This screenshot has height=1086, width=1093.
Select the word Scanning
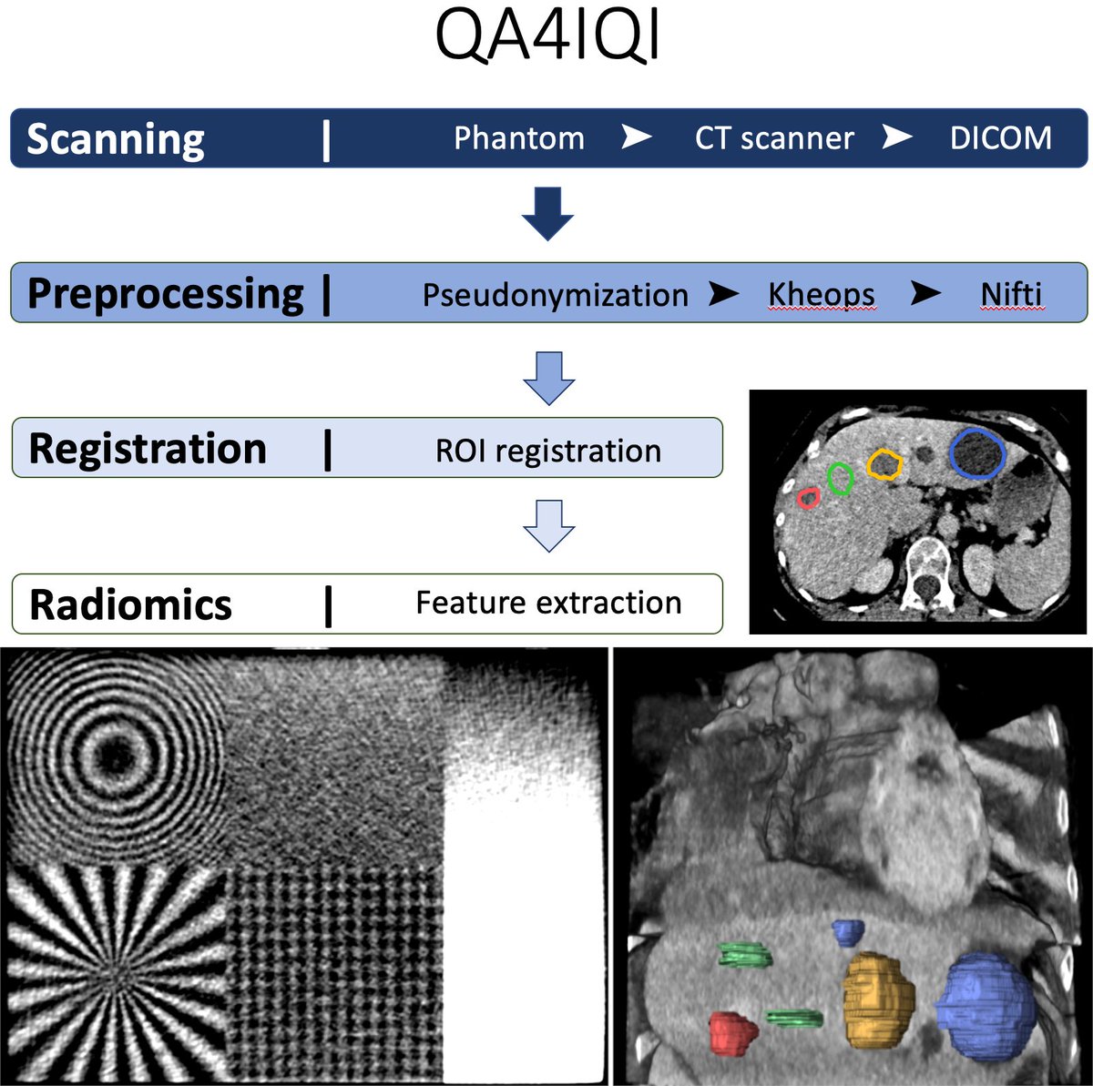116,139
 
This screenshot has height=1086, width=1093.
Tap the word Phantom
519,138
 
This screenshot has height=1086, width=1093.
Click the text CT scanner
774,138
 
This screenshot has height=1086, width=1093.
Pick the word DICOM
1000,138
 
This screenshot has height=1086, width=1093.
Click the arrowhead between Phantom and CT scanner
637,137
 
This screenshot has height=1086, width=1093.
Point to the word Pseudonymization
555,295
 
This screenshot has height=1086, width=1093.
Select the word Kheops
821,295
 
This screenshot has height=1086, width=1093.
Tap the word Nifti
1011,295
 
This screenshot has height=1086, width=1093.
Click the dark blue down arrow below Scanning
547,213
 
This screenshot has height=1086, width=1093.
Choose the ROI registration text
548,451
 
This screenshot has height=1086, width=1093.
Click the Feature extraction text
548,603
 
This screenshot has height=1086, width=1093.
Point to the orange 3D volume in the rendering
877,1000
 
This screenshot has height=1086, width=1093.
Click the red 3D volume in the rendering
733,1033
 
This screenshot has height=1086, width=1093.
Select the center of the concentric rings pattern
113,755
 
